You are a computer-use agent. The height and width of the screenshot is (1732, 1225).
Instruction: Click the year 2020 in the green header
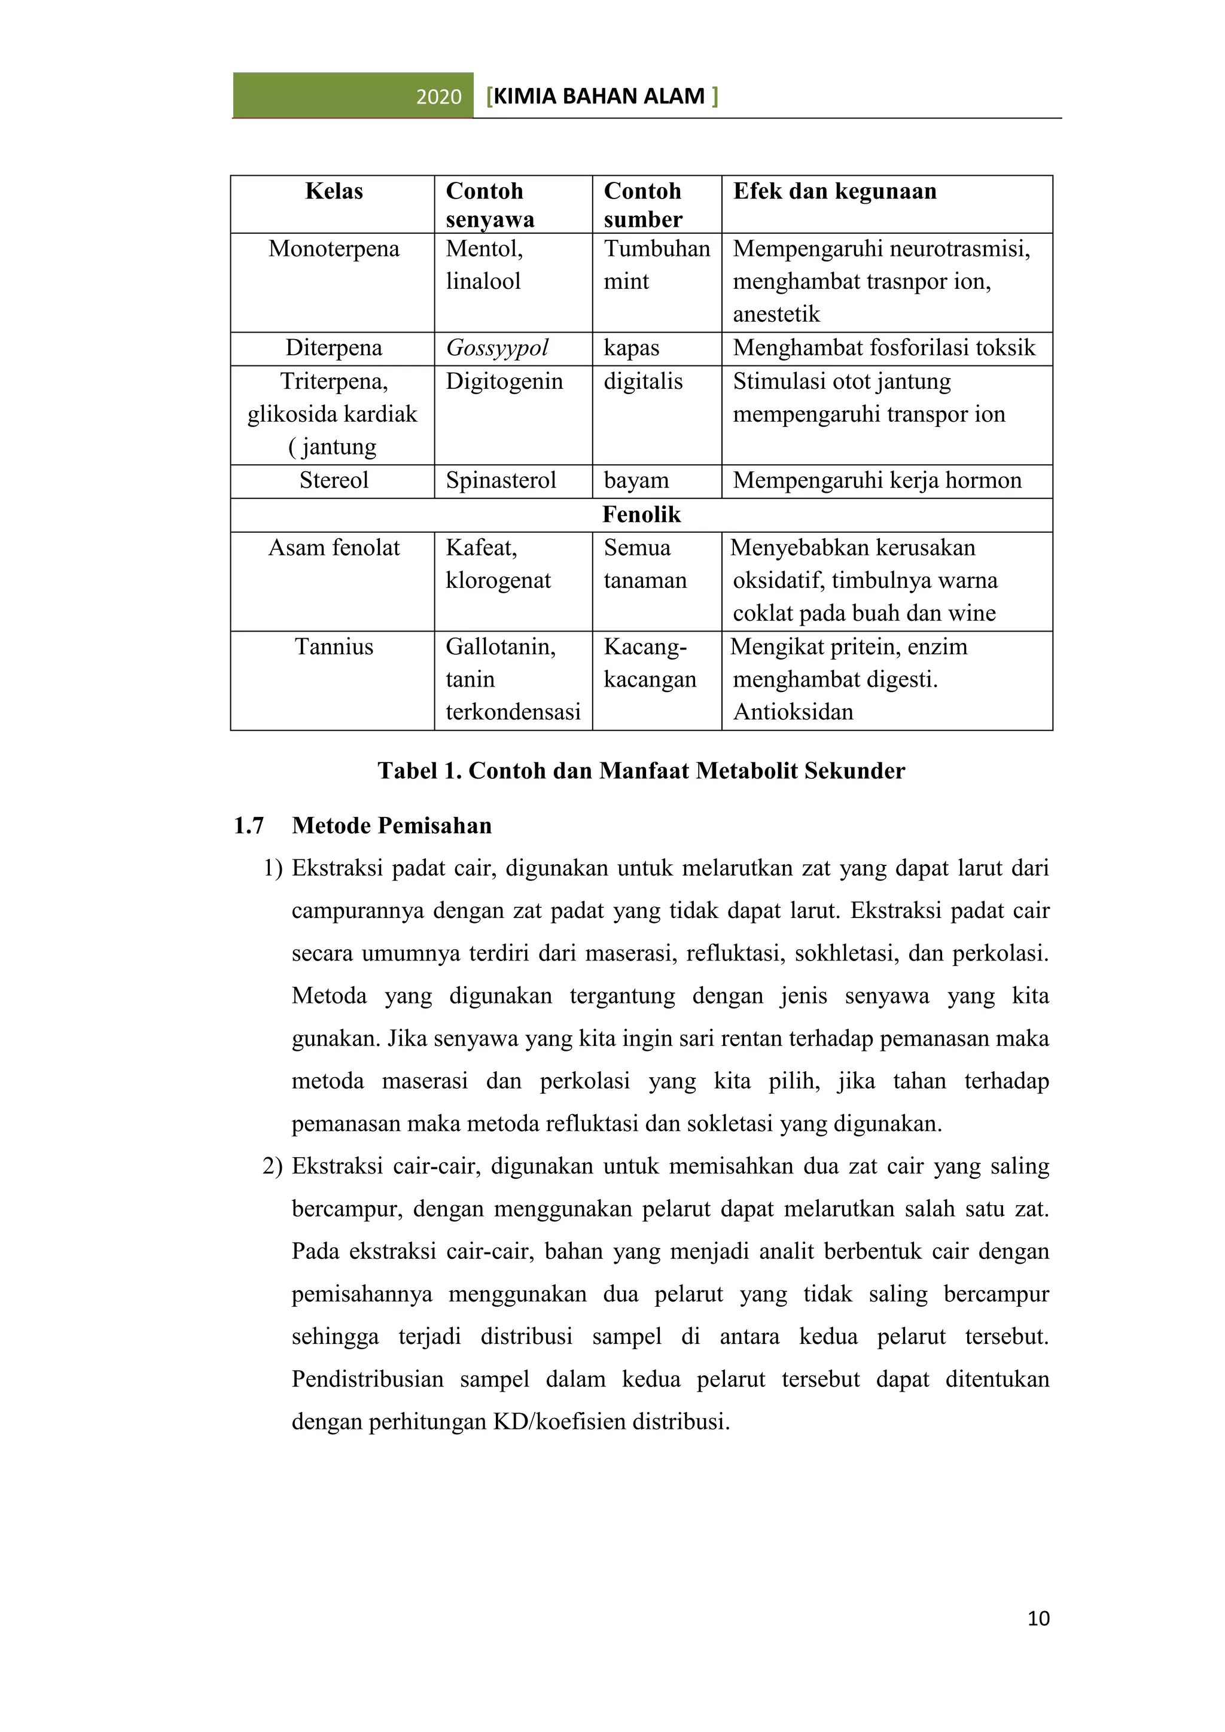pos(438,96)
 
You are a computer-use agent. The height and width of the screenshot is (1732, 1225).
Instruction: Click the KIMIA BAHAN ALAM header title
pos(601,96)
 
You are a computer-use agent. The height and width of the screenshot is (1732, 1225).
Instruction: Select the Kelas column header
pos(333,191)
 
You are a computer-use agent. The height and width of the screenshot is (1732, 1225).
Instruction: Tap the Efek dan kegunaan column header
pos(834,191)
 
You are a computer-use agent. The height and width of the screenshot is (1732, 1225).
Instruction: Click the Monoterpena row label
pos(333,249)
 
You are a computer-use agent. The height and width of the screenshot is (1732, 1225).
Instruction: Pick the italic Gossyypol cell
pos(497,347)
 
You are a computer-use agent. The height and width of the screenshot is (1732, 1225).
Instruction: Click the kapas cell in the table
pos(632,347)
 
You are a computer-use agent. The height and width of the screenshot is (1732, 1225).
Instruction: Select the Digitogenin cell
pos(504,381)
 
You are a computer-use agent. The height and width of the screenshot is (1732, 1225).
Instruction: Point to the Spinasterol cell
pos(501,480)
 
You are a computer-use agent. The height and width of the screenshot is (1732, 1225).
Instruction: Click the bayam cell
pos(636,480)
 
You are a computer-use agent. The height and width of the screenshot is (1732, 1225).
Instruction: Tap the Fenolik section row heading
pos(641,514)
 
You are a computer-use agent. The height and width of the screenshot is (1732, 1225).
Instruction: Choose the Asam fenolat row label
pos(333,548)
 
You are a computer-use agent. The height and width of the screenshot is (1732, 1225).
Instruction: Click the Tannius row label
pos(333,647)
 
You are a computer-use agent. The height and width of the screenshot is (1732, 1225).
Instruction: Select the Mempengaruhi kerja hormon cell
pos(876,480)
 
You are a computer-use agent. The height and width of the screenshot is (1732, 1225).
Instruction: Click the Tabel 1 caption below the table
pos(641,770)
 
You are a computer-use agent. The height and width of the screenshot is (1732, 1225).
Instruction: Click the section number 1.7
pos(249,825)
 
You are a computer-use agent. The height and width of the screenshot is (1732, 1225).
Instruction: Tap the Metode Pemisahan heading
pos(392,825)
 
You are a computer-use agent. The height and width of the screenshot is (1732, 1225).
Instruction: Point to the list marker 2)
pos(272,1166)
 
